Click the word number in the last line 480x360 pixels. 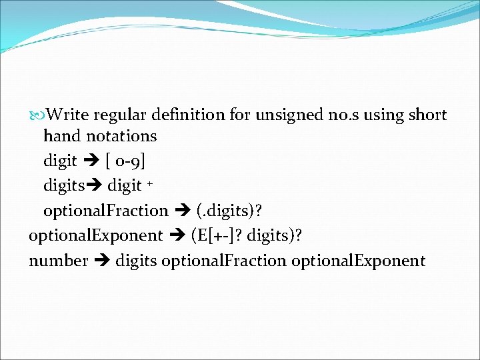(x=59, y=261)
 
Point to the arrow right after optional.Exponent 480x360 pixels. (x=177, y=235)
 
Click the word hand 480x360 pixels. (x=62, y=136)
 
